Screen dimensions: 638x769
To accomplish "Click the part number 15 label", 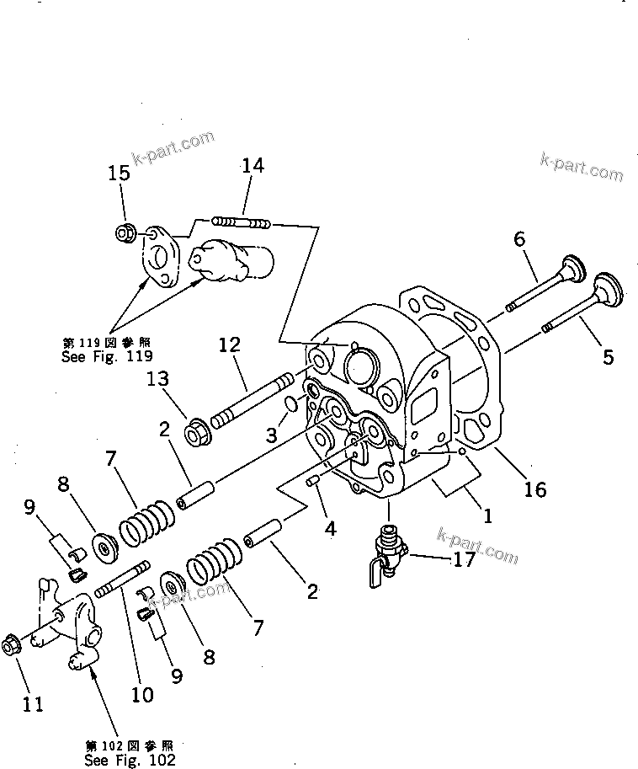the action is (119, 173).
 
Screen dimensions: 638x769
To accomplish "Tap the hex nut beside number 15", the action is (124, 232).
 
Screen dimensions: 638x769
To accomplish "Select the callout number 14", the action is (253, 165).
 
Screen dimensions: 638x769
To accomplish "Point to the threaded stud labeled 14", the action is (241, 222).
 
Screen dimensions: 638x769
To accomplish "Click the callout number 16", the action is (534, 489).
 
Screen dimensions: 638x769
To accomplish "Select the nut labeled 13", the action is (198, 432).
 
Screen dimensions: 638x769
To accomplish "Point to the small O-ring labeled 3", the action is (291, 404).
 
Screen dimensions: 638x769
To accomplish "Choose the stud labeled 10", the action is (121, 579).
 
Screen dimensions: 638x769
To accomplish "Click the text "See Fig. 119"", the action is (107, 356).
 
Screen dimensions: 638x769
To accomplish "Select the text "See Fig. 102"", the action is (130, 761).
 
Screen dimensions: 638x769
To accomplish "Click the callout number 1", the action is (487, 516).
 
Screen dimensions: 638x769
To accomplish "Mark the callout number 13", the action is (157, 379).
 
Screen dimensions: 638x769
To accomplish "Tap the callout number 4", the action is (331, 528).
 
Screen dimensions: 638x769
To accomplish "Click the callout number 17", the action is (464, 558).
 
